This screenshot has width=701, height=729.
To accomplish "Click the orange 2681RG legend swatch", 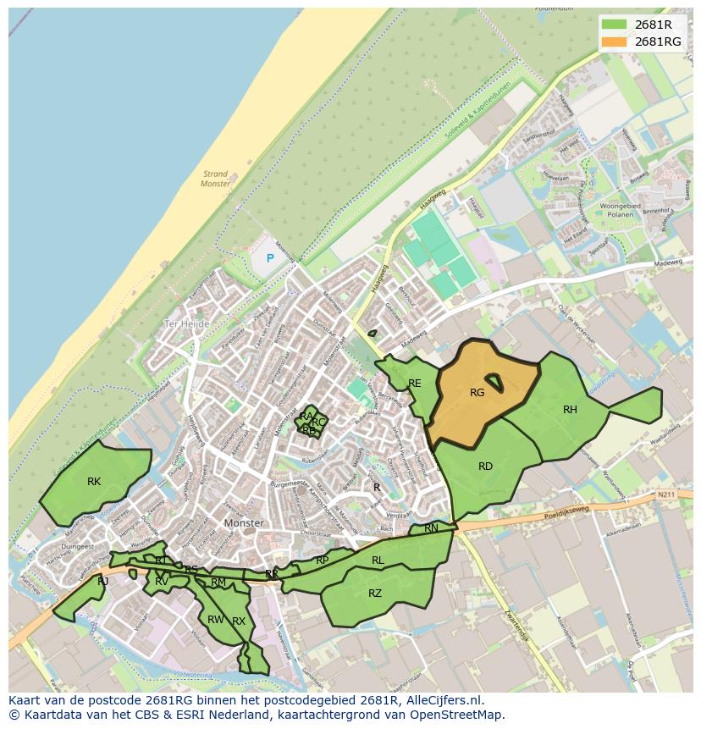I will tap(615, 41).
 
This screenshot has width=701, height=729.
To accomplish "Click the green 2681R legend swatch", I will tap(615, 25).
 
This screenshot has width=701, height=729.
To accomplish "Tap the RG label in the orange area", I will tap(477, 392).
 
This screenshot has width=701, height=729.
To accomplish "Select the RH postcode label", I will tap(570, 410).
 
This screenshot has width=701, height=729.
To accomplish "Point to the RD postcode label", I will tap(485, 467).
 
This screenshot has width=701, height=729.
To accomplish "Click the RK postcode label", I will tap(94, 482).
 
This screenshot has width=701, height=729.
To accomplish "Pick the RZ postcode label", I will tap(375, 594).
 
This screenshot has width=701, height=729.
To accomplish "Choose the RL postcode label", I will tap(378, 561).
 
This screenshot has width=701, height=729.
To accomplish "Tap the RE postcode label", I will tap(415, 384).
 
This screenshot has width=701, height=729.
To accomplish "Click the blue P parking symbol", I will tap(271, 258).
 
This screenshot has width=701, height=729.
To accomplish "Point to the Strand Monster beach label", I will tap(215, 179).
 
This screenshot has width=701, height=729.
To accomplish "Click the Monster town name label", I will tap(245, 523).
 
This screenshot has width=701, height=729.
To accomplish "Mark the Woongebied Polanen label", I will tap(622, 211).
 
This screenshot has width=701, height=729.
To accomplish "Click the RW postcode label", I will tap(215, 620).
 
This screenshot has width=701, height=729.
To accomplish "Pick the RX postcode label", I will tap(239, 621).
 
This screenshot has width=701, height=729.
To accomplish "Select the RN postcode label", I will tap(432, 528).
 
